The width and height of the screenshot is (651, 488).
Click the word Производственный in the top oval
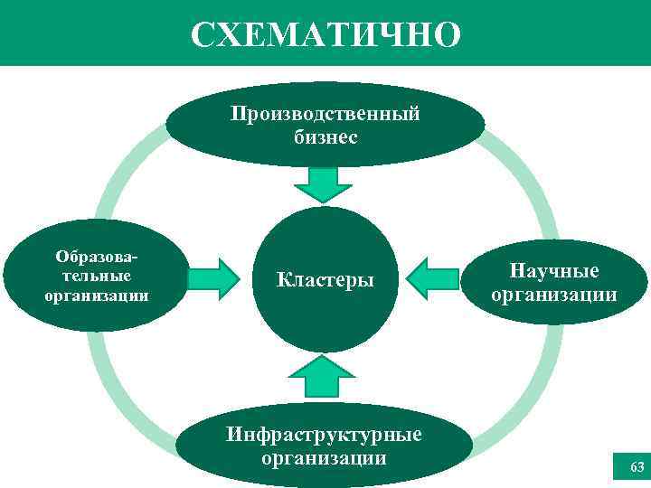pyautogui.click(x=325, y=115)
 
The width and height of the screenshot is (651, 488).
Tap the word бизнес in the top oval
pyautogui.click(x=325, y=137)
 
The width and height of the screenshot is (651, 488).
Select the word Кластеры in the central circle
pyautogui.click(x=325, y=279)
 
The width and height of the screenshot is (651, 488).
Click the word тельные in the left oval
pyautogui.click(x=97, y=275)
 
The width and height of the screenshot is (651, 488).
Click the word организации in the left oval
pyautogui.click(x=97, y=295)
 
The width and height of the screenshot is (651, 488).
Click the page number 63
pyautogui.click(x=636, y=467)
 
